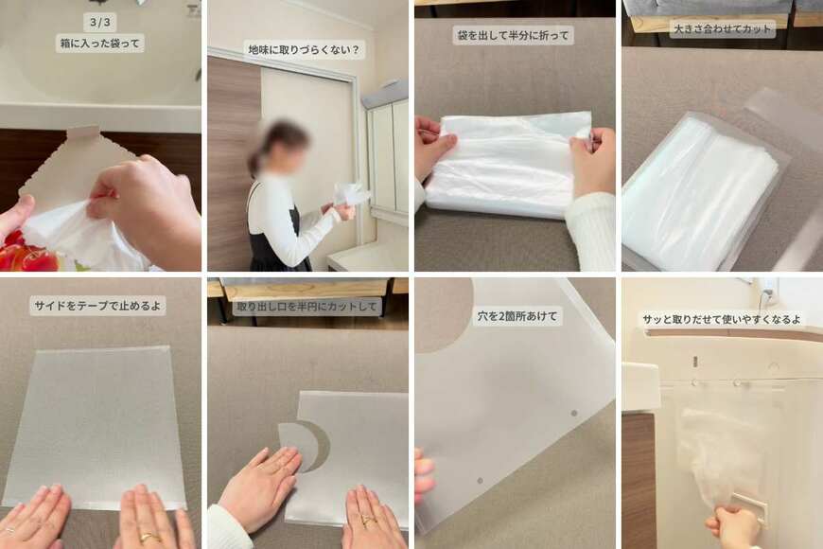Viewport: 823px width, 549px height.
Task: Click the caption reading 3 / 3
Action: (99, 21)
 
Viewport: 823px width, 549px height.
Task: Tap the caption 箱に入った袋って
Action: (99, 43)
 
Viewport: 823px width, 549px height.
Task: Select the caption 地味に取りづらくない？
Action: (304, 49)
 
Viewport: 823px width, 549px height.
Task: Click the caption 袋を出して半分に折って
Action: (514, 35)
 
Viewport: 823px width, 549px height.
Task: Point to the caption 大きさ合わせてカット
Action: (723, 29)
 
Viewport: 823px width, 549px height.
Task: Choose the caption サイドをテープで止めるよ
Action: (99, 305)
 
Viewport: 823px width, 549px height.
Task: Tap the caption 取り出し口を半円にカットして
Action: (307, 306)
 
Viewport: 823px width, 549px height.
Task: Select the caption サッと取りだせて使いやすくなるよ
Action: (721, 320)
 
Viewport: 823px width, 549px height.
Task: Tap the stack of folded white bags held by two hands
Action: (509, 166)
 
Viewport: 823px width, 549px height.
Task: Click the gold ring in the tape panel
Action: (149, 537)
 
